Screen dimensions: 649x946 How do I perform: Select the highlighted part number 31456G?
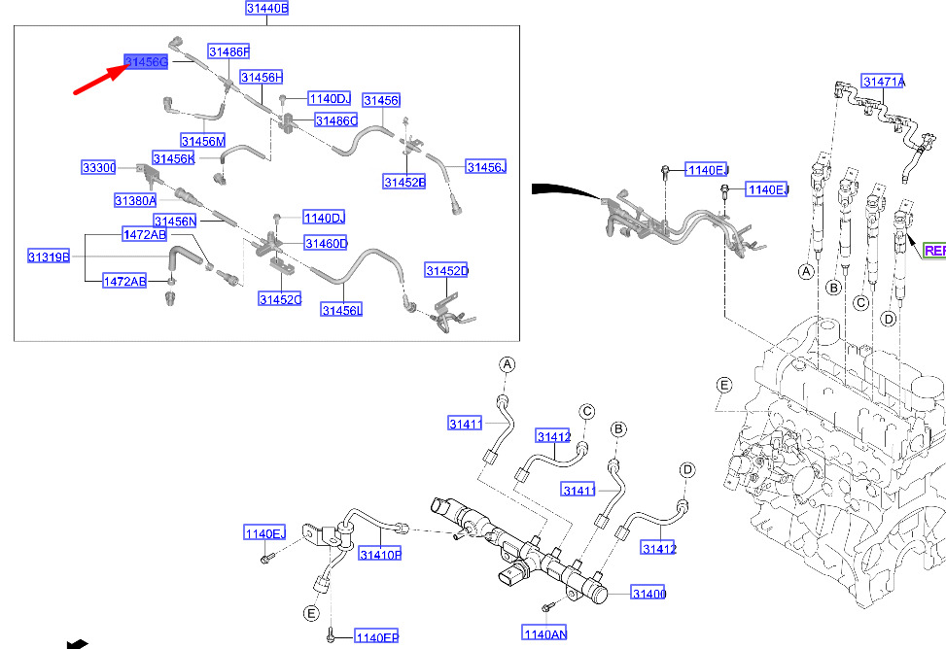click(146, 62)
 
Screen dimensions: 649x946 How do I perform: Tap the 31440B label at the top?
click(266, 9)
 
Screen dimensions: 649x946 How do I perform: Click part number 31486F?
click(228, 51)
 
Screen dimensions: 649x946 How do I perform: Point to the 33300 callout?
click(98, 168)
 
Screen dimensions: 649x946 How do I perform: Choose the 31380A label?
click(135, 200)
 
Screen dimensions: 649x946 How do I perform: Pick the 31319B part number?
click(48, 256)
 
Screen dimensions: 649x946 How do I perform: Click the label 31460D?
click(326, 243)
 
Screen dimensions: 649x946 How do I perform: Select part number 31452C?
click(280, 299)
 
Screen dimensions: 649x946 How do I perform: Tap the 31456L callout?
click(341, 309)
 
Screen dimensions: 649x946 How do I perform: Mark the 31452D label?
click(446, 270)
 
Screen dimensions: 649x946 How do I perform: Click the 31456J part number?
click(486, 167)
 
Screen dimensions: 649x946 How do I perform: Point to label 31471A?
click(884, 82)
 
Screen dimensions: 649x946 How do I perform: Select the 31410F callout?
click(380, 555)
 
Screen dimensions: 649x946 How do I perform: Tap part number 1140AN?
click(544, 634)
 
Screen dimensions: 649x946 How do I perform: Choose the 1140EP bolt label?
click(376, 637)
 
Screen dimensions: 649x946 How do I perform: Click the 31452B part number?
click(403, 182)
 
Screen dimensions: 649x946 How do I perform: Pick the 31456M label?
click(202, 142)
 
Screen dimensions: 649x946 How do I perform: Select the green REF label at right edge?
click(934, 251)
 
